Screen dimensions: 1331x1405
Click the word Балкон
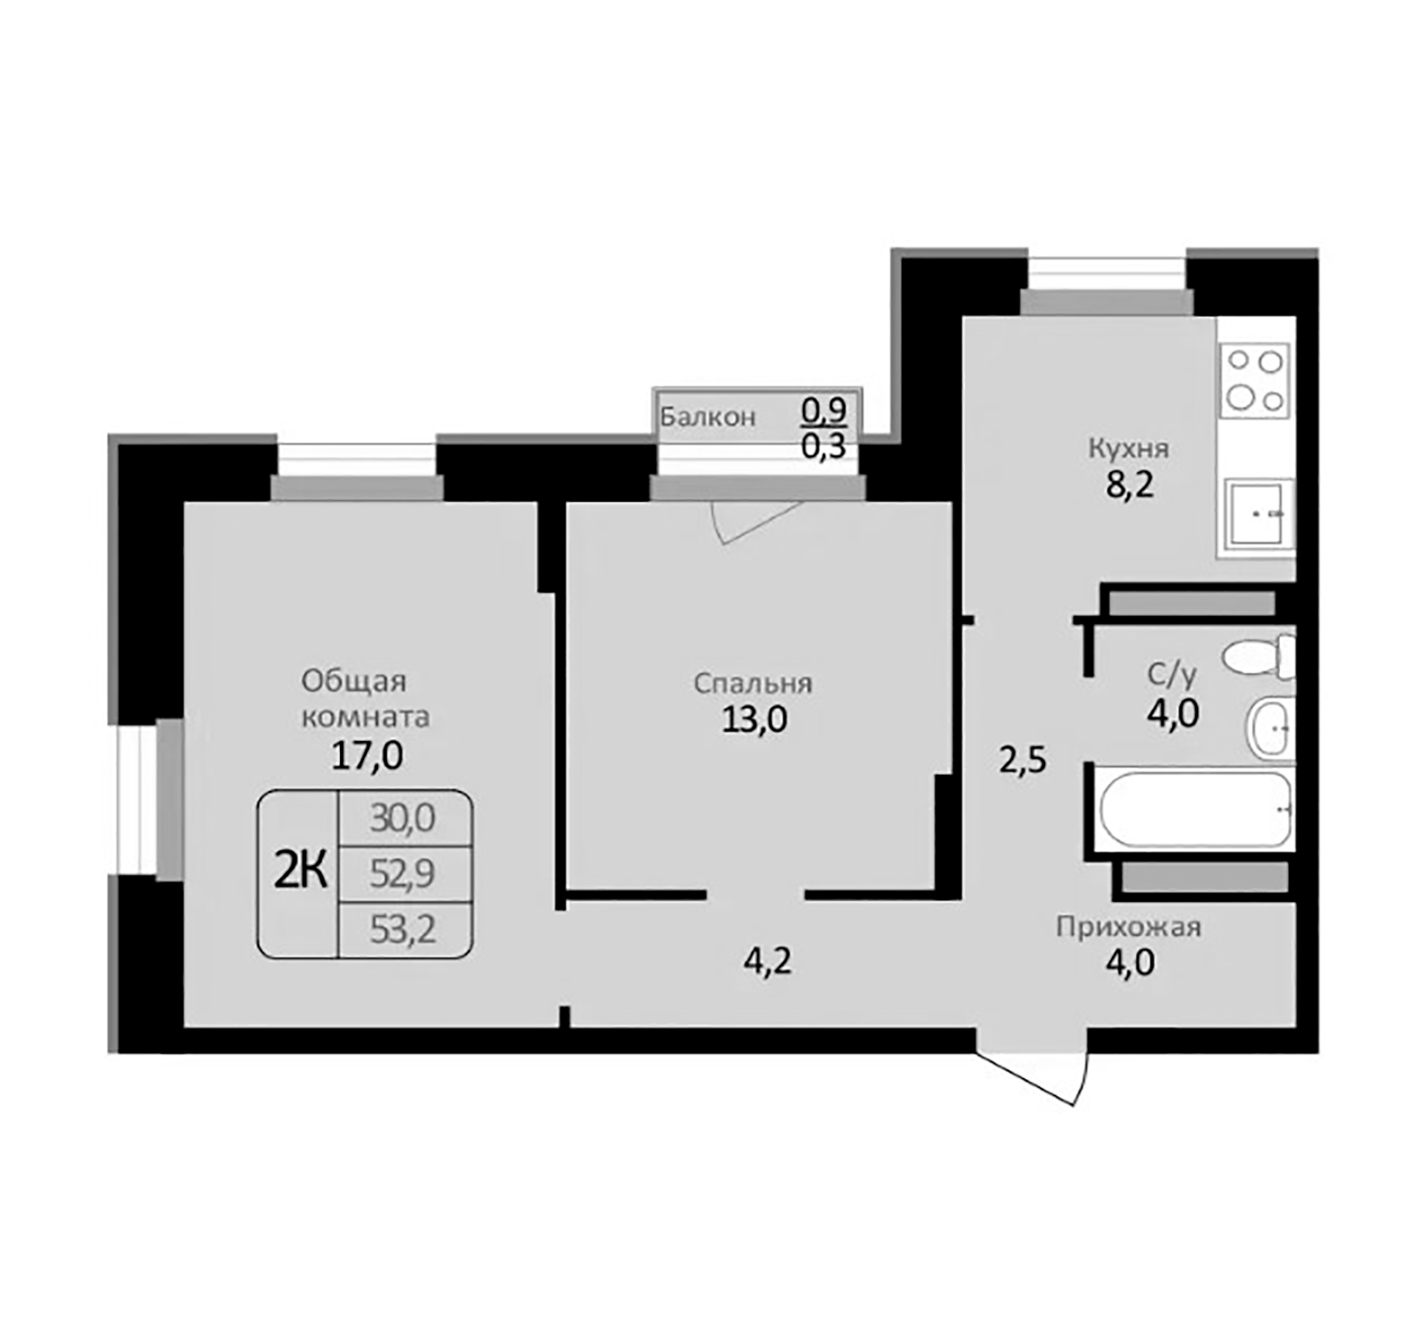[x=707, y=418]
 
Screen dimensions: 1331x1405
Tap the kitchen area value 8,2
[x=1129, y=487]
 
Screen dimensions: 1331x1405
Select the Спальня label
[x=752, y=684]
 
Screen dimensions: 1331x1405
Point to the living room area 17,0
[x=367, y=756]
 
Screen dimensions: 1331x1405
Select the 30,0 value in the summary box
[x=402, y=819]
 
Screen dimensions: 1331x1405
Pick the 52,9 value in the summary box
[x=402, y=874]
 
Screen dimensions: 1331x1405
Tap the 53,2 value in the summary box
[x=402, y=929]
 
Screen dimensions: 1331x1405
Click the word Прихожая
[x=1128, y=927]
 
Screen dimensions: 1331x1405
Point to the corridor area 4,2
[x=768, y=961]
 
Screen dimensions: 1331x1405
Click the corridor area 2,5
[x=1023, y=760]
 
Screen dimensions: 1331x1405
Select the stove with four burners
[x=1254, y=381]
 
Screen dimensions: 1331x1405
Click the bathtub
[x=1194, y=810]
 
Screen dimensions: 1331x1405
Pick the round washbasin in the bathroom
[x=1270, y=728]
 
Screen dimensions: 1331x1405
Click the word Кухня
[x=1128, y=449]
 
